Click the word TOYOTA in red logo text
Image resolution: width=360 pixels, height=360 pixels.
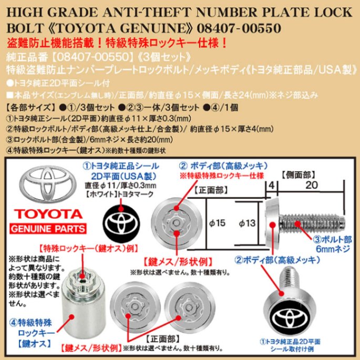(48, 214)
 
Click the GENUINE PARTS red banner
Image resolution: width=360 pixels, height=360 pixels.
(48, 230)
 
